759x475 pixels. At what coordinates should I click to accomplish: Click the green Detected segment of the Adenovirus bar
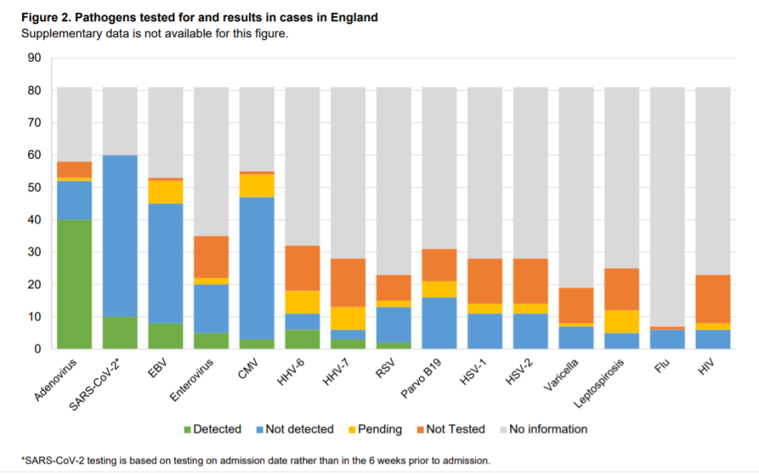coord(75,285)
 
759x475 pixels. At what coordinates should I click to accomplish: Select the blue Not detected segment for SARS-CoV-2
coord(120,236)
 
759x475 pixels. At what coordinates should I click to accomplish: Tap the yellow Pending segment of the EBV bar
coord(165,192)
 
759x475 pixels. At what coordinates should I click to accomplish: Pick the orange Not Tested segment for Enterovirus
coord(211,256)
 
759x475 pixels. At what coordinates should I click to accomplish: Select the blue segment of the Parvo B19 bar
coord(439,323)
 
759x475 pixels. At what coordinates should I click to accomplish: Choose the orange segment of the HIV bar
coord(713,299)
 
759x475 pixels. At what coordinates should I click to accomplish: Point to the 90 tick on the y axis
coord(34,58)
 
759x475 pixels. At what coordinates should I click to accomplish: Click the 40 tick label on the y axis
coord(34,220)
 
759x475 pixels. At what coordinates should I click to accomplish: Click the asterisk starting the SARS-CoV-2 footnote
coord(24,460)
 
